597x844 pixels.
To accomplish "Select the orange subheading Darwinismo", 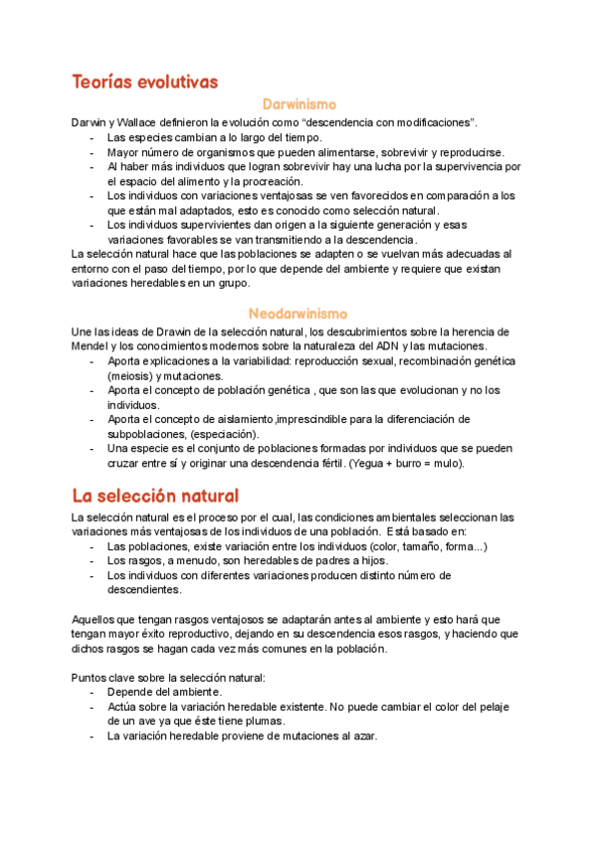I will (298, 104).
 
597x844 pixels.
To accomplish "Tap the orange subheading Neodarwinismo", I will (298, 313).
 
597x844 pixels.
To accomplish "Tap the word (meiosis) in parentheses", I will (129, 376).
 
